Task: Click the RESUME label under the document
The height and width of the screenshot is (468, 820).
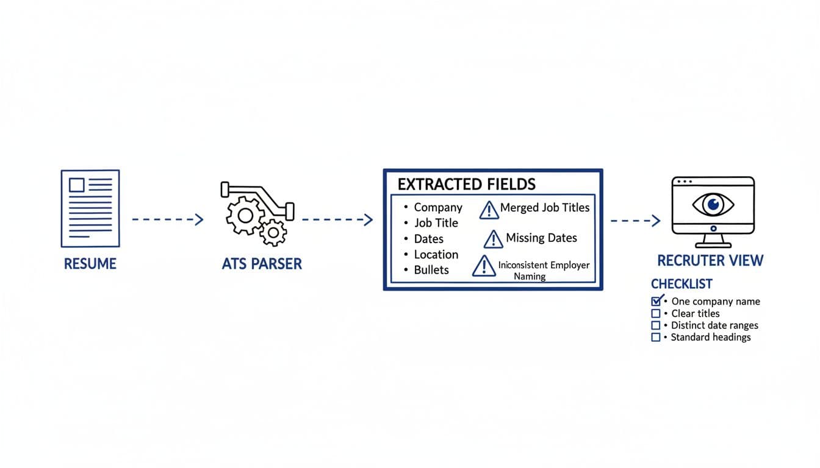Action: [x=90, y=264]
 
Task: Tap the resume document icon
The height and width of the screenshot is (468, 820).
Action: [x=90, y=208]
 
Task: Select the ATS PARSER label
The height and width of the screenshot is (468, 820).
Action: [x=262, y=264]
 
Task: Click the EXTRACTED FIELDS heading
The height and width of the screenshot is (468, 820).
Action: [x=466, y=184]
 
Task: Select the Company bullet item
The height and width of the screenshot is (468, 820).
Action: [x=438, y=207]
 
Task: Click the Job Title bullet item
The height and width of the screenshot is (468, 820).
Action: [x=436, y=223]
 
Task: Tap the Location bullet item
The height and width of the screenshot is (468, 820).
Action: [x=436, y=255]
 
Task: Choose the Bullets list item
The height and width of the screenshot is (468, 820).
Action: [x=431, y=270]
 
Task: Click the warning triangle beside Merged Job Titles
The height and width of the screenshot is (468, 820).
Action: [x=489, y=210]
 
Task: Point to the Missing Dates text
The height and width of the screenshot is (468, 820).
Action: [x=541, y=238]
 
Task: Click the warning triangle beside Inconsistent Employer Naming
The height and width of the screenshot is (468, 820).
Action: [x=484, y=266]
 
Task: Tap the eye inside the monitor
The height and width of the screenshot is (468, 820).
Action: [x=713, y=204]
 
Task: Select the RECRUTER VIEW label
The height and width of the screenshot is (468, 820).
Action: [x=710, y=261]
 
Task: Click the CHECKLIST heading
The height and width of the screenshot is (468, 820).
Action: [x=682, y=284]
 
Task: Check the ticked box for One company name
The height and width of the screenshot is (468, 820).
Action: [x=656, y=300]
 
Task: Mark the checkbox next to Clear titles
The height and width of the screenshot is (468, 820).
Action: [x=656, y=313]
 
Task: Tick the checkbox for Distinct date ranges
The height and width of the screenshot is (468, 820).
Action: [x=656, y=325]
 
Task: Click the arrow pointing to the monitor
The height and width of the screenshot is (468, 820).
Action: [x=636, y=220]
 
